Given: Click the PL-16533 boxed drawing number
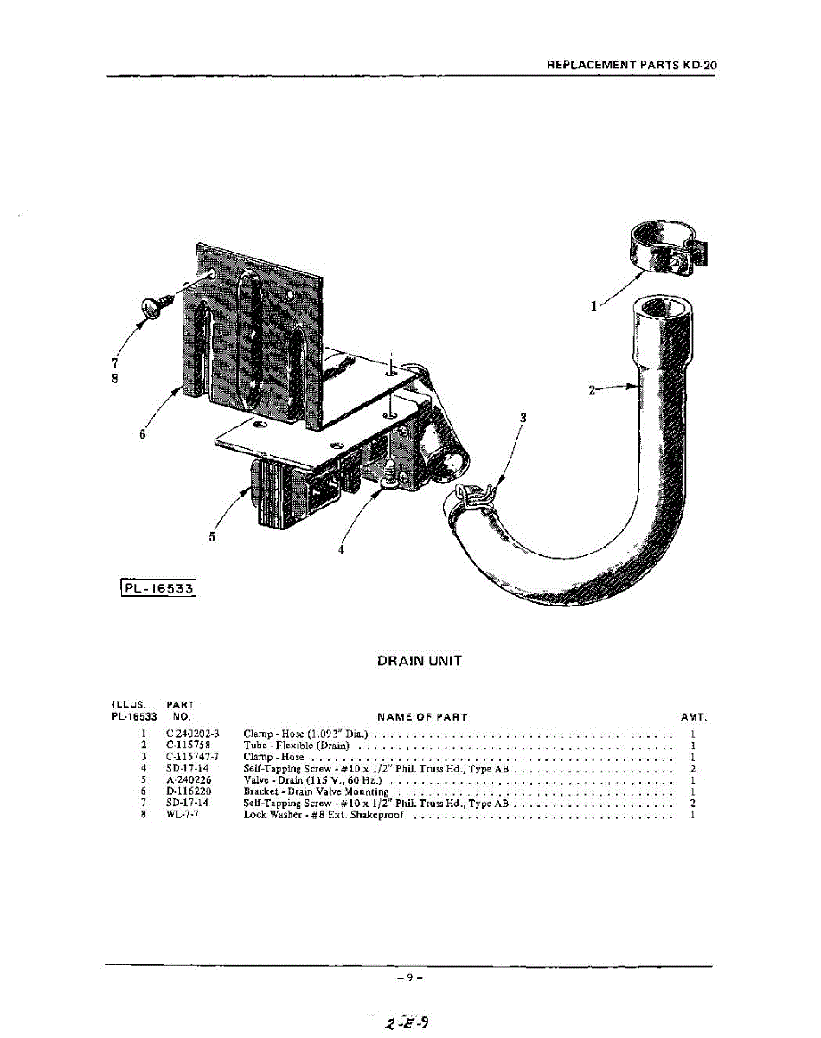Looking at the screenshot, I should (159, 590).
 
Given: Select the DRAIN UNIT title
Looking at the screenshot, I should (420, 661).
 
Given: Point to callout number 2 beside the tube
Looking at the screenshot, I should (593, 390).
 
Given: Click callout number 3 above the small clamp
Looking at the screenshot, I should (523, 418).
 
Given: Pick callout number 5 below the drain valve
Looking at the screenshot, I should (212, 536).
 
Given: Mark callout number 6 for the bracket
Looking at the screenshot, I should (143, 434).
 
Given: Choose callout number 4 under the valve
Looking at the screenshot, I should (341, 549).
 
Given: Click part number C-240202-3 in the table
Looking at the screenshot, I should (192, 734).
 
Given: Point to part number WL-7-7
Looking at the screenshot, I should (182, 815).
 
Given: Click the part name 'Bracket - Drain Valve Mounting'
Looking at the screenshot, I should (316, 791).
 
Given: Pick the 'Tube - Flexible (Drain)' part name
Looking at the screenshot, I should (296, 745).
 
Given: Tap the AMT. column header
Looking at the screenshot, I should (694, 717).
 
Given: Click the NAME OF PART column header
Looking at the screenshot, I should (422, 717).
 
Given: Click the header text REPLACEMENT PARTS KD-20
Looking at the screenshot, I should (632, 65).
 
